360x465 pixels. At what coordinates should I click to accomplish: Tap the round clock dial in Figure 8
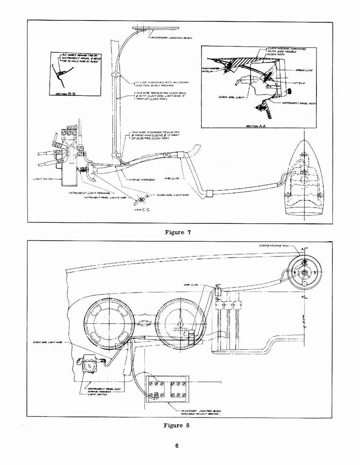coord(305,272)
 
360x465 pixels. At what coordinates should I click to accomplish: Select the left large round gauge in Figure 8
coord(109,323)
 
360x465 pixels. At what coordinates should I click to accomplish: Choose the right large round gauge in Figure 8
coord(180,323)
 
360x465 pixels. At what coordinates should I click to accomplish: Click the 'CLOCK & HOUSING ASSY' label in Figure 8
coord(274,245)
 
